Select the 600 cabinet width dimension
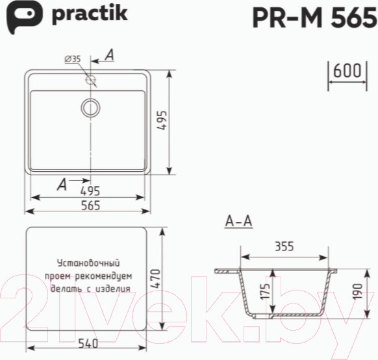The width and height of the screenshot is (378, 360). [x=347, y=71]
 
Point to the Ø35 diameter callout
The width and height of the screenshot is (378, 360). [x=72, y=59]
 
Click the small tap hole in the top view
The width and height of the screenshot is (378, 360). [x=91, y=80]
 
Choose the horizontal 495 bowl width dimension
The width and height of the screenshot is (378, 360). [x=90, y=191]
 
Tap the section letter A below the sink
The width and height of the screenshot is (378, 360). [x=62, y=185]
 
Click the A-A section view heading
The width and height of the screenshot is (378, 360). [x=238, y=222]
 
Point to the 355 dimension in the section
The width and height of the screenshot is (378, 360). [x=284, y=246]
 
